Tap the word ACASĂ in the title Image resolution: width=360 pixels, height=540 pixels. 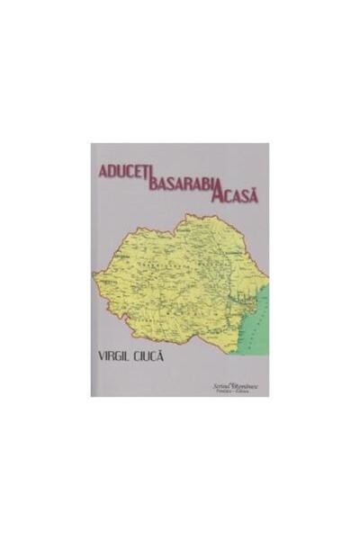pos(235,195)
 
